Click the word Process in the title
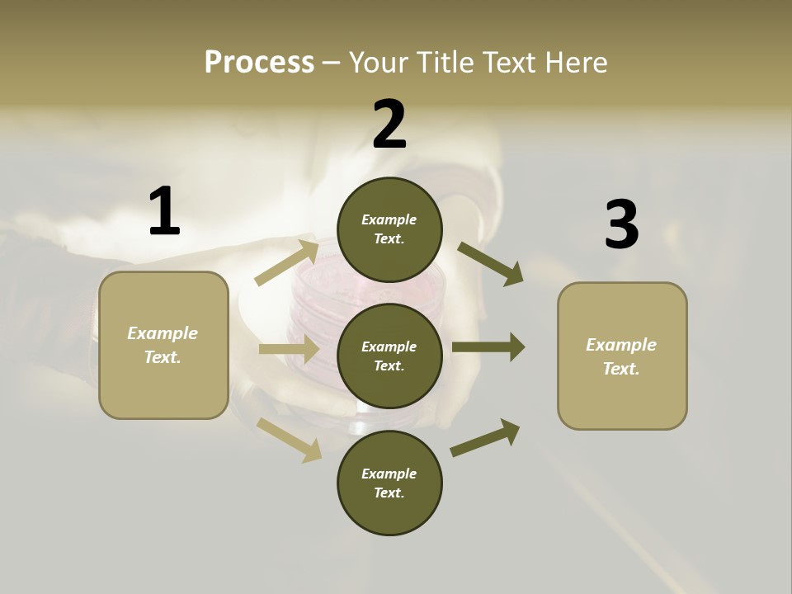(259, 62)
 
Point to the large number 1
(164, 211)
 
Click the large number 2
(389, 125)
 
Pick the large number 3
(621, 224)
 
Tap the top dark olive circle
(389, 229)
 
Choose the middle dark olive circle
(389, 356)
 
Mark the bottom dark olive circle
(389, 483)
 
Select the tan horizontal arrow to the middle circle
(289, 349)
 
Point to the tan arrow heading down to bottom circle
(290, 439)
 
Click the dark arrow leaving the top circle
(491, 264)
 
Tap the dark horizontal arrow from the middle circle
(488, 346)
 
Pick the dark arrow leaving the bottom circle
(485, 438)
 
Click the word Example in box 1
(163, 333)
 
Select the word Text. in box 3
(621, 369)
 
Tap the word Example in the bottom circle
(389, 474)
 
